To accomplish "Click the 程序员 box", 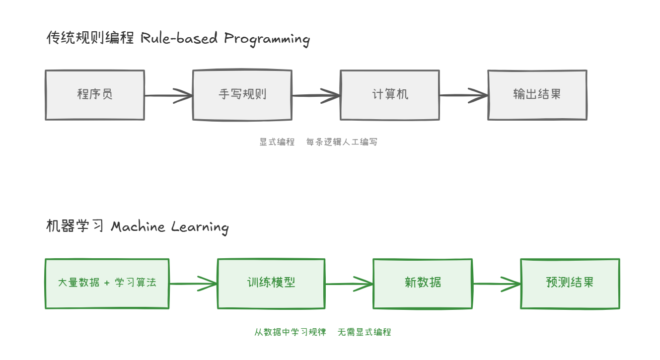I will pos(95,95).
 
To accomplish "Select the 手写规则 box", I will pos(242,95).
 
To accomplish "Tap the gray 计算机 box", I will pos(390,95).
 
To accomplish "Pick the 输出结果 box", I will pos(537,95).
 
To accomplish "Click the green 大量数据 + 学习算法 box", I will pos(107,284).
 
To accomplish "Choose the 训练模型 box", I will pos(271,284).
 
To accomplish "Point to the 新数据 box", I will pos(423,284).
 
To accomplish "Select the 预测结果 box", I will pos(570,284).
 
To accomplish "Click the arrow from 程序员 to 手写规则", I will pos(168,95).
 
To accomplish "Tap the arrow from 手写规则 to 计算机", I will pos(316,95).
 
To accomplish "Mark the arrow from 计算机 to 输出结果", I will pos(463,95).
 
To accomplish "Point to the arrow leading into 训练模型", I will pos(193,284).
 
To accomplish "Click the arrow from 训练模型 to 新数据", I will pos(349,284).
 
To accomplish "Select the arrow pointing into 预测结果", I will pos(496,284).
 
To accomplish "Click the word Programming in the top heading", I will pos(267,39).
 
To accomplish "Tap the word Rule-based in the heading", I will pos(179,38).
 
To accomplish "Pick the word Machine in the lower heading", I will pos(138,227).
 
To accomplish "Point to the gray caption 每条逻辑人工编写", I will pos(342,142).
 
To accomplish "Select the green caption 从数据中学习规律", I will pos(290,332).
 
